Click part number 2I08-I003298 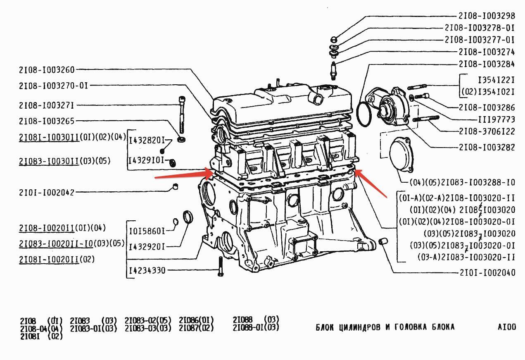(487, 16)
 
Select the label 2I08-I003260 (47, 70)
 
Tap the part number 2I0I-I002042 (47, 192)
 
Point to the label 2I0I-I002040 (487, 273)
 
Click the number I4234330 (147, 271)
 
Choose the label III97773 (496, 120)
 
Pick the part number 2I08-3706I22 (487, 132)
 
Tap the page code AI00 (507, 327)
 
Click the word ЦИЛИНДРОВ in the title (355, 327)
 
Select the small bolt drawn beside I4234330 (220, 266)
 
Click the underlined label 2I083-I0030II (49, 161)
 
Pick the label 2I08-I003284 (487, 64)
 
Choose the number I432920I (147, 247)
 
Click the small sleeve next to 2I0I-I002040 (383, 241)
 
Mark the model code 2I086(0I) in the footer (196, 320)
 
